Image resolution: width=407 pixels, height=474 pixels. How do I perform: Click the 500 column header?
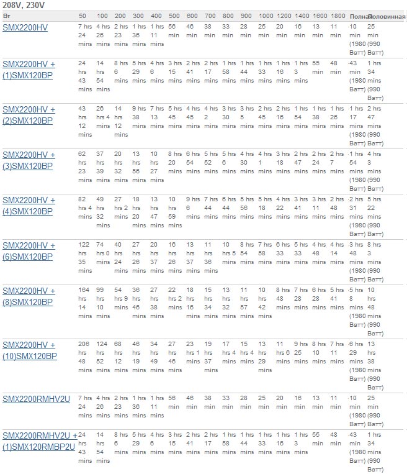click(x=174, y=15)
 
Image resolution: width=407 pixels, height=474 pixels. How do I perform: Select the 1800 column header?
click(x=338, y=15)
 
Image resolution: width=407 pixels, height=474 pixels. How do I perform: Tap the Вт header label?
click(x=6, y=15)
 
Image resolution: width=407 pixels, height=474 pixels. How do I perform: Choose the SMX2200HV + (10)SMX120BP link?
click(x=29, y=350)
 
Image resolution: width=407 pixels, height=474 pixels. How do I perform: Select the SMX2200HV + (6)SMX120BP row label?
click(x=29, y=251)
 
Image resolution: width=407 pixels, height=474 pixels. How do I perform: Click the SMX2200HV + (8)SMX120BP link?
click(x=29, y=296)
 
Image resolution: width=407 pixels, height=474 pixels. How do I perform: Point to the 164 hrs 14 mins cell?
click(x=84, y=298)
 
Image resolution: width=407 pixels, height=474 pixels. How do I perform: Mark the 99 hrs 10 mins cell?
click(x=103, y=298)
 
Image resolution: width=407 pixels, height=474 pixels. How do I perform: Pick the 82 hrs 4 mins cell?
click(x=84, y=207)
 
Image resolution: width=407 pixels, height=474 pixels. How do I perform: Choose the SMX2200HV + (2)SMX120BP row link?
click(x=29, y=115)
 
